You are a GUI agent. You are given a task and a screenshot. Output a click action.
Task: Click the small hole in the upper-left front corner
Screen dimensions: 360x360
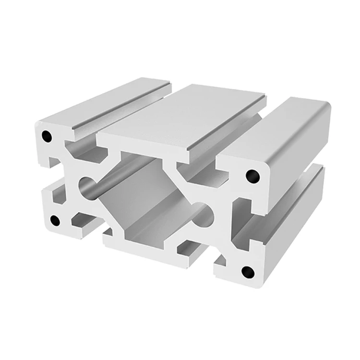point(47,136)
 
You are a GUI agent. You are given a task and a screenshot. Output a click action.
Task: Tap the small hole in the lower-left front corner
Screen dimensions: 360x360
point(55,220)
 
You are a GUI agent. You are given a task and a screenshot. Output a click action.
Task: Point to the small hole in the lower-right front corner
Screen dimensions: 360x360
point(248,272)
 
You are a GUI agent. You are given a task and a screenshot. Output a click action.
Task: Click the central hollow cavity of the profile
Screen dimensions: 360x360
point(144,192)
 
